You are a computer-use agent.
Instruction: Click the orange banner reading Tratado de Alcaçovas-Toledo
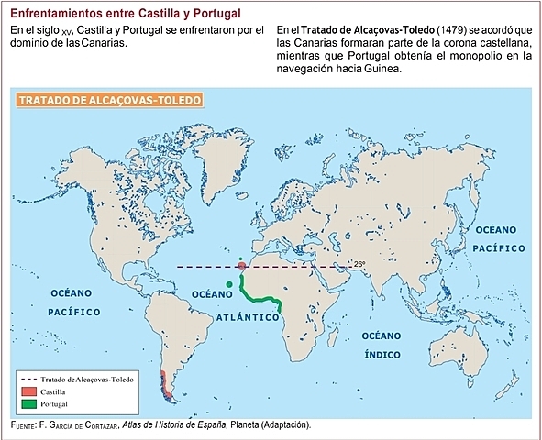(109, 99)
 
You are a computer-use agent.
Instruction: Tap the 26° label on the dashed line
(360, 264)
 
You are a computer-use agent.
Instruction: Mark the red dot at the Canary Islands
(241, 267)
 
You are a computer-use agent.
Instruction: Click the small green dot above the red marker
(240, 258)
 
